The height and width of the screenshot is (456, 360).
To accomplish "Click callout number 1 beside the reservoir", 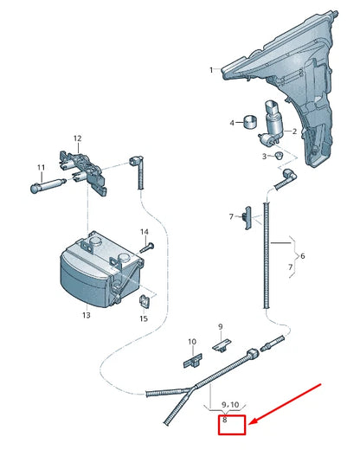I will tap(209, 68).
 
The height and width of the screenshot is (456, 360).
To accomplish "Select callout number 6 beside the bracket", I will tap(301, 257).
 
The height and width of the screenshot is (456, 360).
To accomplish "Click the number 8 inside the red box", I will tap(225, 420).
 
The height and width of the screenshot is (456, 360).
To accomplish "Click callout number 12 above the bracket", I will tap(76, 138).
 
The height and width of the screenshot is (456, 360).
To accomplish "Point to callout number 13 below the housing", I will tap(87, 316).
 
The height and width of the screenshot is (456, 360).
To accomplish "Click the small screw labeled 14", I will tap(147, 247).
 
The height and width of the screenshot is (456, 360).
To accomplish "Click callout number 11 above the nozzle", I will tap(40, 167).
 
